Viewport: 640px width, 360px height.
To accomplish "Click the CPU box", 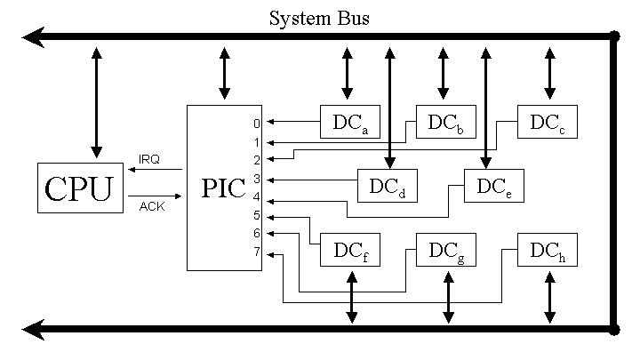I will click(80, 188).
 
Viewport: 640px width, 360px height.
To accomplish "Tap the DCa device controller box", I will click(350, 123).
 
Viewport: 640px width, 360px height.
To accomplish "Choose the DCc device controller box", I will click(548, 122).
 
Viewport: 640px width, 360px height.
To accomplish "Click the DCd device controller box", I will click(388, 186).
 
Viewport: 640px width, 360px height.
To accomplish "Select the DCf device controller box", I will click(350, 252).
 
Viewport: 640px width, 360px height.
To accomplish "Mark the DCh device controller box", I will click(548, 251).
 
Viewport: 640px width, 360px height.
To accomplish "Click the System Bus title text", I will click(319, 18).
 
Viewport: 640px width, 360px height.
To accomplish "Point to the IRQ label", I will click(148, 159).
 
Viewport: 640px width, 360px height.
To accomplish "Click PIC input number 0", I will click(256, 124).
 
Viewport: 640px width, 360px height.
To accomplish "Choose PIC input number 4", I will click(256, 197).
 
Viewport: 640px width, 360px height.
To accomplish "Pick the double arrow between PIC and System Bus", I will click(224, 72).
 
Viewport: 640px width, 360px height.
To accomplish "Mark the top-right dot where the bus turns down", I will click(613, 37).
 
